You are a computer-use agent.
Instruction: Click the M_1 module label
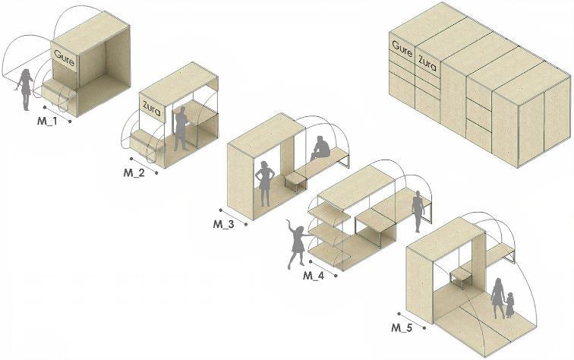coord(47,122)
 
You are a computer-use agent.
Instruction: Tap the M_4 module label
coord(314,275)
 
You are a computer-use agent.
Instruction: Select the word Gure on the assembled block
coord(402,48)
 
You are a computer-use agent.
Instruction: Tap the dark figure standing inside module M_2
coord(181,128)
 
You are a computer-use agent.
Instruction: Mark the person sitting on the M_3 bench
coord(320,148)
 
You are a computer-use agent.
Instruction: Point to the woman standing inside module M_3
coord(266,183)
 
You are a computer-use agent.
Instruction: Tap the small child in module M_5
coord(510,305)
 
